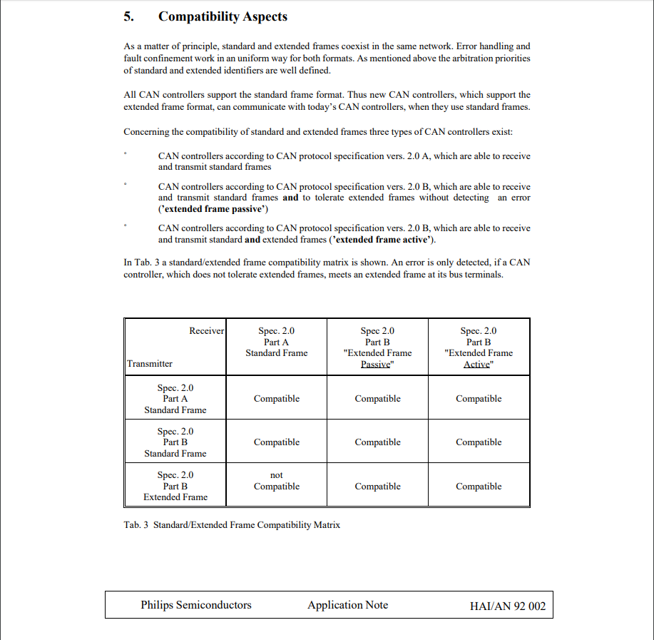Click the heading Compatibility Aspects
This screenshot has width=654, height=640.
[223, 16]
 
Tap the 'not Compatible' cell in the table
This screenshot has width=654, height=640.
[277, 481]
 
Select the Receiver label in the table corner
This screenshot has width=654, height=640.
[207, 330]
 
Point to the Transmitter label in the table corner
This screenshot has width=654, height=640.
[150, 364]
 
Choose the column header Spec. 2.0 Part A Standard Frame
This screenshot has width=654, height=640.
[277, 342]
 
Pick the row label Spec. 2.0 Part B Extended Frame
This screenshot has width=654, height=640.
[175, 486]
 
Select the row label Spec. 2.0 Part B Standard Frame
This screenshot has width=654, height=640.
[175, 442]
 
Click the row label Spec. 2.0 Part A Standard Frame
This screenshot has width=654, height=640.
[175, 399]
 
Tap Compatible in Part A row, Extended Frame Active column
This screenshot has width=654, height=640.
[479, 399]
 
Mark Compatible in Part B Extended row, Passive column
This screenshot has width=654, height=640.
[378, 487]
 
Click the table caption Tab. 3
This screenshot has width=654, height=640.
[232, 525]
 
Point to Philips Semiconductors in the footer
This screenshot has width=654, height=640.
[196, 605]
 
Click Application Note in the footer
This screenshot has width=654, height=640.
[348, 605]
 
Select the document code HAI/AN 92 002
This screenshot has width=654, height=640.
[508, 606]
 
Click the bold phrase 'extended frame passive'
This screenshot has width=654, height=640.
[213, 209]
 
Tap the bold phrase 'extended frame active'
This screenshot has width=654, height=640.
[386, 240]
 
